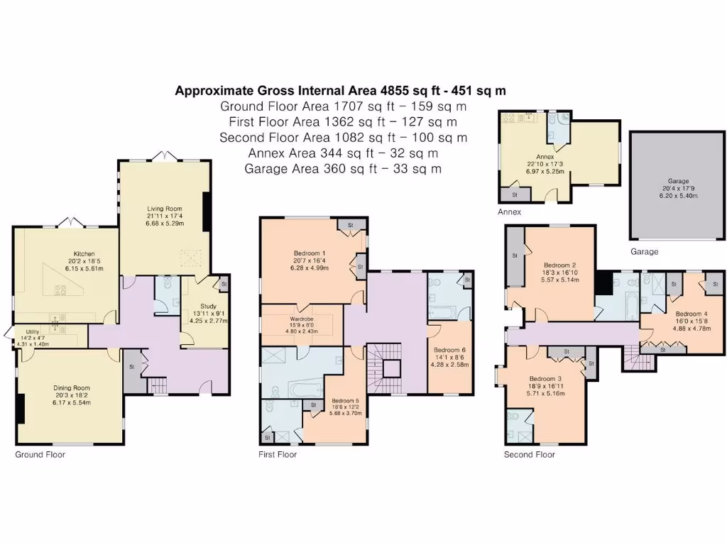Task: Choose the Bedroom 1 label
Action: (x=310, y=253)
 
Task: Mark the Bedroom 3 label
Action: (x=545, y=379)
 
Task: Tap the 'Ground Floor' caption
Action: (x=40, y=454)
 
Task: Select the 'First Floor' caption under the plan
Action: (x=278, y=454)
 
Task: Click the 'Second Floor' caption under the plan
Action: (x=529, y=454)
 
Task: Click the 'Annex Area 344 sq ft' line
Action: (x=342, y=153)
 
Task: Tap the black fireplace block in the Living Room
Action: (x=206, y=212)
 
